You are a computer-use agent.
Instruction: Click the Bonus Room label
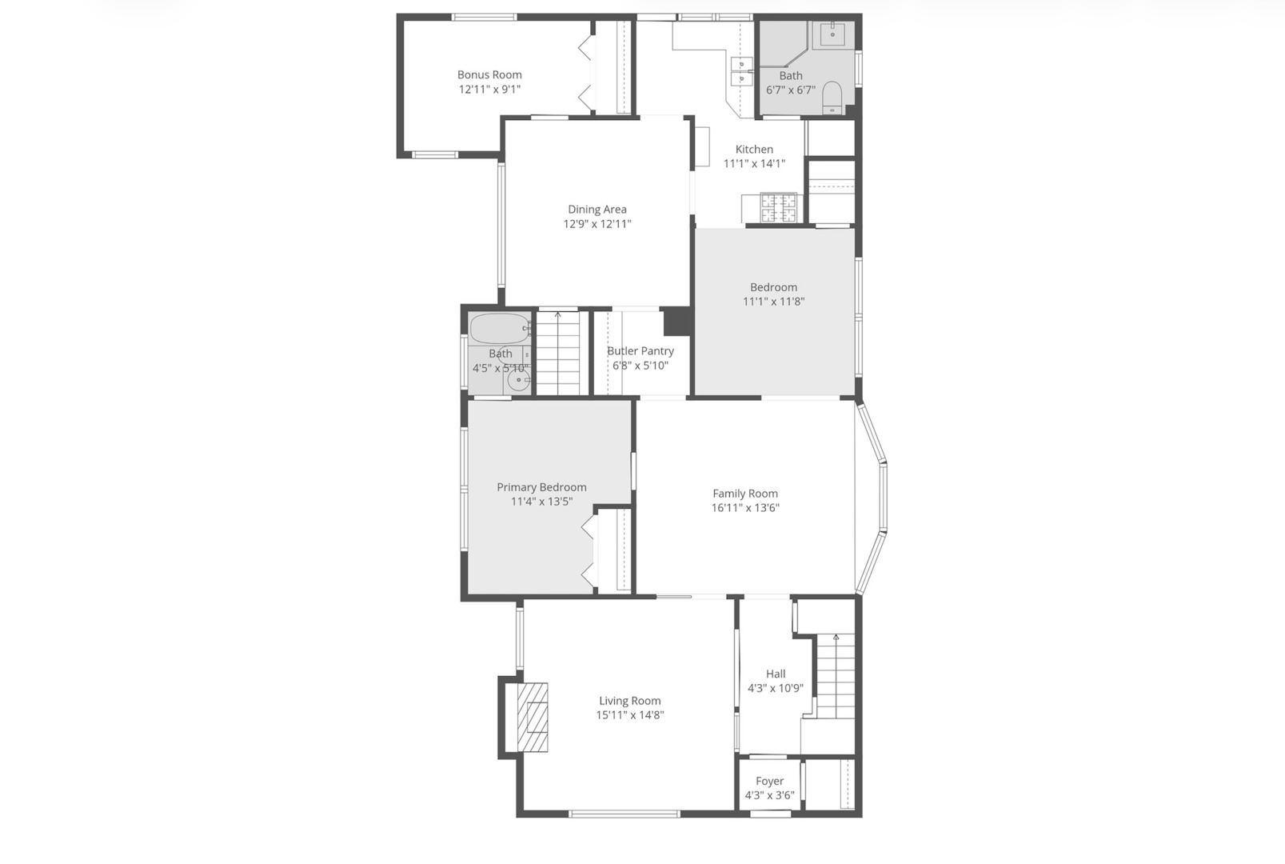tap(489, 74)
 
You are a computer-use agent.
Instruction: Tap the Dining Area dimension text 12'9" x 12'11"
tap(597, 224)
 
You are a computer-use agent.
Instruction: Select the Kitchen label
tap(754, 149)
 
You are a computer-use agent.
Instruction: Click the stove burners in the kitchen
tap(779, 207)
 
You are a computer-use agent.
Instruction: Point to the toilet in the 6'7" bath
tap(832, 97)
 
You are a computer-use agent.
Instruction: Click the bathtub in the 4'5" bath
tap(499, 328)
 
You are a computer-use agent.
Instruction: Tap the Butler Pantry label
tap(641, 350)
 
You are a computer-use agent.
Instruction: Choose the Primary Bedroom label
tap(541, 486)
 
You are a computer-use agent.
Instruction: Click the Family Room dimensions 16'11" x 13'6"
tap(745, 507)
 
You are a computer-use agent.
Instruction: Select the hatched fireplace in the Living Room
tap(533, 717)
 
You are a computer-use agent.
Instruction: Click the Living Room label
tap(630, 701)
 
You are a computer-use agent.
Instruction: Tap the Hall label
tap(776, 674)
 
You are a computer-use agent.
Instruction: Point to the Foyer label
tap(769, 781)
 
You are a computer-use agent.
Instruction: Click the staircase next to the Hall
tap(835, 676)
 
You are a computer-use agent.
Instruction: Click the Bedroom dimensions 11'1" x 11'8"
tap(773, 302)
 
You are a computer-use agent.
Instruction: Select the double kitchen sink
tap(742, 71)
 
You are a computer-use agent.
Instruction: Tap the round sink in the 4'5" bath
tap(519, 382)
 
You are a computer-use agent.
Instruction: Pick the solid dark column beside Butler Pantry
tap(678, 322)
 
